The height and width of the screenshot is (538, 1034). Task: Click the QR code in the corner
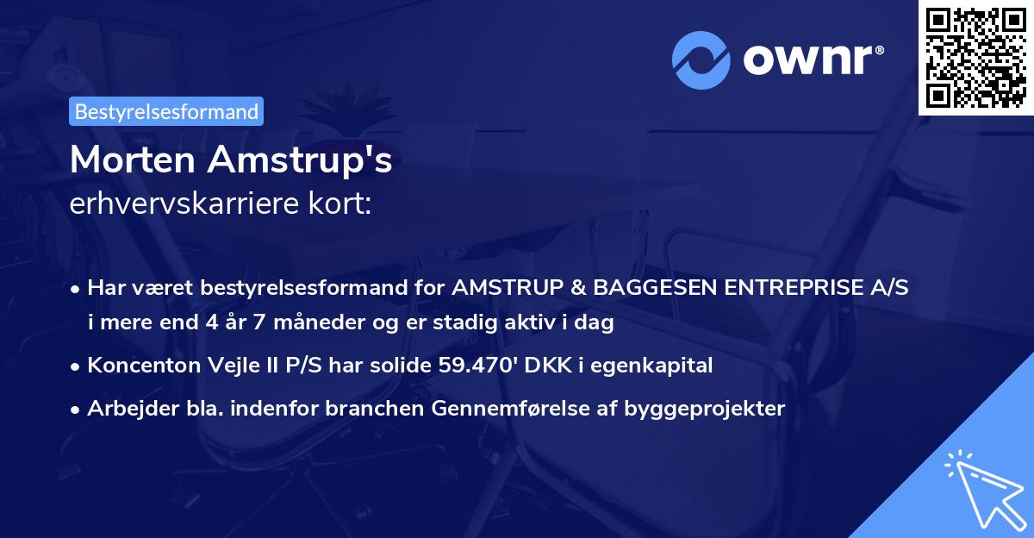click(x=976, y=57)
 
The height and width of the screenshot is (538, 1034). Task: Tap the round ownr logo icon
click(x=701, y=59)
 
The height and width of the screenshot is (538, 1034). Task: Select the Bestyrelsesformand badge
click(x=166, y=111)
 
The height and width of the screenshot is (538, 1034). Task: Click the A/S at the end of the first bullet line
click(x=890, y=289)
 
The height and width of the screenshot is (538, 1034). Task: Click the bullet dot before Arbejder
click(x=77, y=410)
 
